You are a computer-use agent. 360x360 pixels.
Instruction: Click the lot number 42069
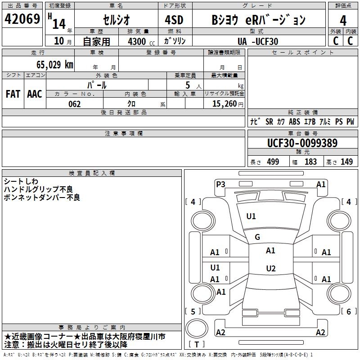[22, 20]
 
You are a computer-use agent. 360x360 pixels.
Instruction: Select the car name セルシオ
[116, 20]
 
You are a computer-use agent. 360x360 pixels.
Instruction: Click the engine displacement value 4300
[136, 41]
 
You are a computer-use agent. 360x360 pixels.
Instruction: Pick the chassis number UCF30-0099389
[302, 143]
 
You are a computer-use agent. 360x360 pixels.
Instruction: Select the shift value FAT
[13, 94]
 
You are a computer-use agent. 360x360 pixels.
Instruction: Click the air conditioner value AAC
[35, 94]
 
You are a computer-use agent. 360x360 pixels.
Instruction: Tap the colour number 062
[75, 104]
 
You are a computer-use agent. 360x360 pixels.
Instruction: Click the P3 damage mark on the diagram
[220, 184]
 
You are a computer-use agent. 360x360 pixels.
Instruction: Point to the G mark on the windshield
[257, 237]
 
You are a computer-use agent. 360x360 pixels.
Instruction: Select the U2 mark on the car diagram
[270, 269]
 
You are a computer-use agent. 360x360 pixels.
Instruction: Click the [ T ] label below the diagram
[196, 345]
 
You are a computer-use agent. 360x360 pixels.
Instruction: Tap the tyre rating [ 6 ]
[348, 311]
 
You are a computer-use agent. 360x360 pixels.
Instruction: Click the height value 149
[346, 162]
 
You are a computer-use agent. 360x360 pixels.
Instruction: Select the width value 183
[310, 162]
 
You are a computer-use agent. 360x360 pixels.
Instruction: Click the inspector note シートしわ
[21, 181]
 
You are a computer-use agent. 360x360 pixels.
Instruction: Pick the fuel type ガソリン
[175, 41]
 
